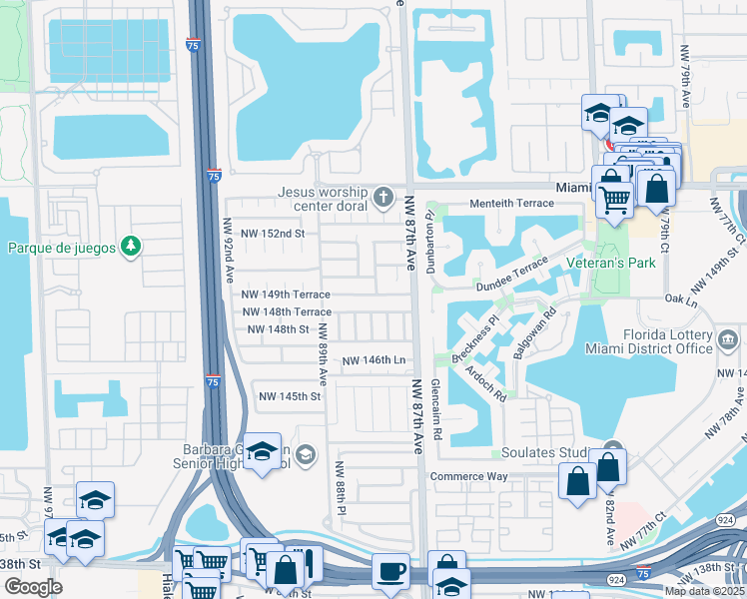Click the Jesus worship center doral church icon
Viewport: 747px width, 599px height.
pyautogui.click(x=385, y=193)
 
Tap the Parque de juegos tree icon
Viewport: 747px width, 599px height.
pyautogui.click(x=129, y=246)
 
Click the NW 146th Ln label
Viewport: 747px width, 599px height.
pyautogui.click(x=373, y=360)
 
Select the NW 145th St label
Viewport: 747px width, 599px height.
pyautogui.click(x=290, y=396)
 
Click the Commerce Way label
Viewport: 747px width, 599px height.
pyautogui.click(x=469, y=476)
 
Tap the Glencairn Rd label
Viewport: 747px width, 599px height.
pyautogui.click(x=436, y=409)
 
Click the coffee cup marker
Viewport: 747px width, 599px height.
pyautogui.click(x=390, y=572)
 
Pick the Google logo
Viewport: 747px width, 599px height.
pyautogui.click(x=33, y=586)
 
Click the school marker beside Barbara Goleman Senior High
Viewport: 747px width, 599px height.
pyautogui.click(x=263, y=454)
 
